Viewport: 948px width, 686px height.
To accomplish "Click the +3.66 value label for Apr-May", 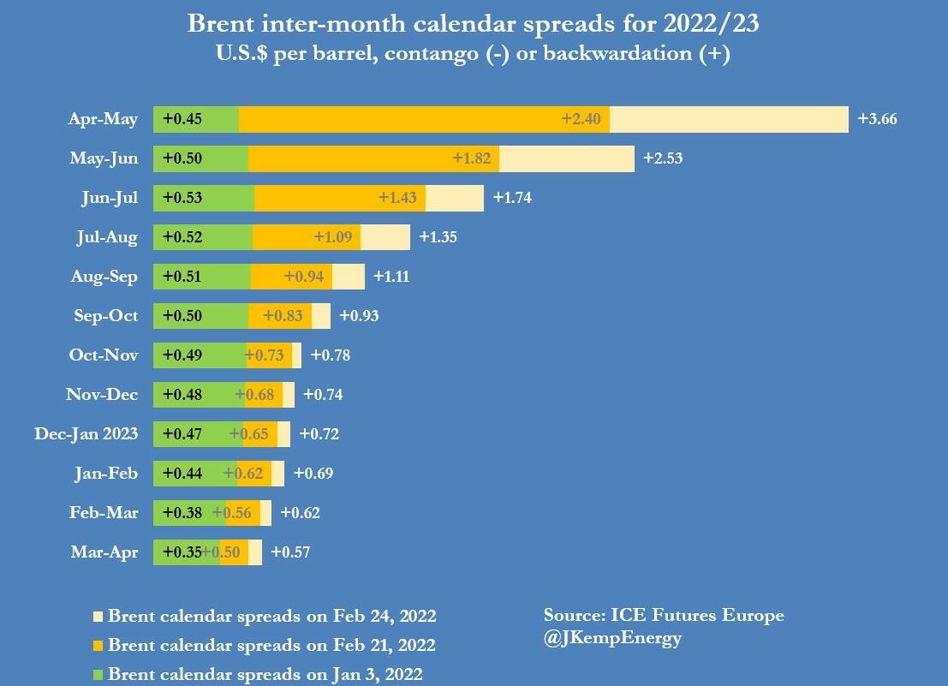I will point(877,119).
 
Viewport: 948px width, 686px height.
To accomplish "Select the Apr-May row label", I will point(103,119).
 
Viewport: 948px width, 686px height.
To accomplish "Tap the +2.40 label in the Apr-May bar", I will point(581,119).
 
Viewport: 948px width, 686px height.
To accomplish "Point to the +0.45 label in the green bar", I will point(182,119).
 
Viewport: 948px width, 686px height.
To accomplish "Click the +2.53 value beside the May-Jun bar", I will point(663,158).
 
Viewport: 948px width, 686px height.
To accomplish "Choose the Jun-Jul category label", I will point(109,198).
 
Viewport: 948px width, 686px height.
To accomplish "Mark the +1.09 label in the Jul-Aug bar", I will point(333,237).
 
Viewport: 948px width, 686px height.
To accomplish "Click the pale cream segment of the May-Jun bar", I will point(566,158).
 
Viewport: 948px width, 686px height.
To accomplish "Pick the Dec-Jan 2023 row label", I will point(86,433).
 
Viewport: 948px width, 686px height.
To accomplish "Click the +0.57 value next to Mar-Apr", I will point(290,552).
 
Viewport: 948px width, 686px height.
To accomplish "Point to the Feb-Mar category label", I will point(104,513).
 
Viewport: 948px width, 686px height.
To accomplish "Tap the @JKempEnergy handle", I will point(612,638).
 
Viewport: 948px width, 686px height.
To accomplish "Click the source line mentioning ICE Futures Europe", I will point(664,615).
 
